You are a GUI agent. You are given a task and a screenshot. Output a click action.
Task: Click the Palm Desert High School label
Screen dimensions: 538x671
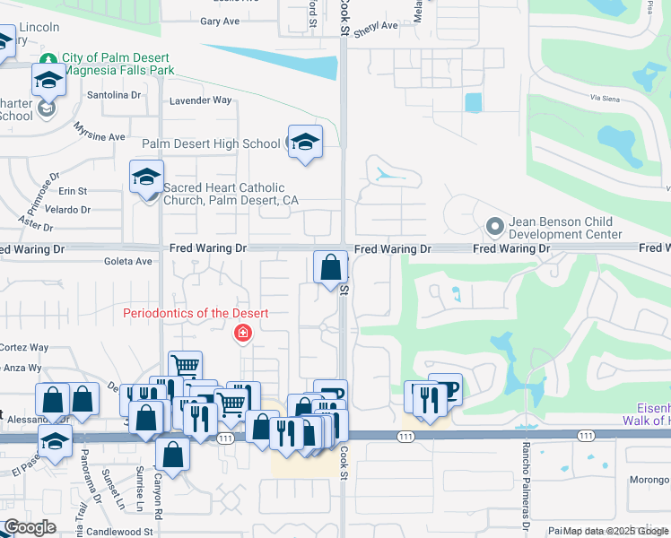pyautogui.click(x=211, y=143)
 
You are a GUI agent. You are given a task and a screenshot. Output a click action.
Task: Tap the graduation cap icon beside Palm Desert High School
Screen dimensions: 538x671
pyautogui.click(x=305, y=142)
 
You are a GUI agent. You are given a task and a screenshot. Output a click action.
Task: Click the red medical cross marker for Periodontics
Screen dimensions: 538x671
pyautogui.click(x=241, y=334)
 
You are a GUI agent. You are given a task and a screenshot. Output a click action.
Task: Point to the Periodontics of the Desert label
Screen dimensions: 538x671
pyautogui.click(x=196, y=313)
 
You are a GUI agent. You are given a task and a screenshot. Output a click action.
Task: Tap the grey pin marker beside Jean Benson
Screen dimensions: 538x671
pyautogui.click(x=492, y=225)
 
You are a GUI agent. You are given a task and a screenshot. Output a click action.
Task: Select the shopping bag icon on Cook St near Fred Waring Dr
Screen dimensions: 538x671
pyautogui.click(x=330, y=267)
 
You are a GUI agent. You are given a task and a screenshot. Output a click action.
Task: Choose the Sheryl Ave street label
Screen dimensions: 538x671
pyautogui.click(x=375, y=27)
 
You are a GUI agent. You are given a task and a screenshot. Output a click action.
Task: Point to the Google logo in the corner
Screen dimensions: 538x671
pyautogui.click(x=30, y=527)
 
